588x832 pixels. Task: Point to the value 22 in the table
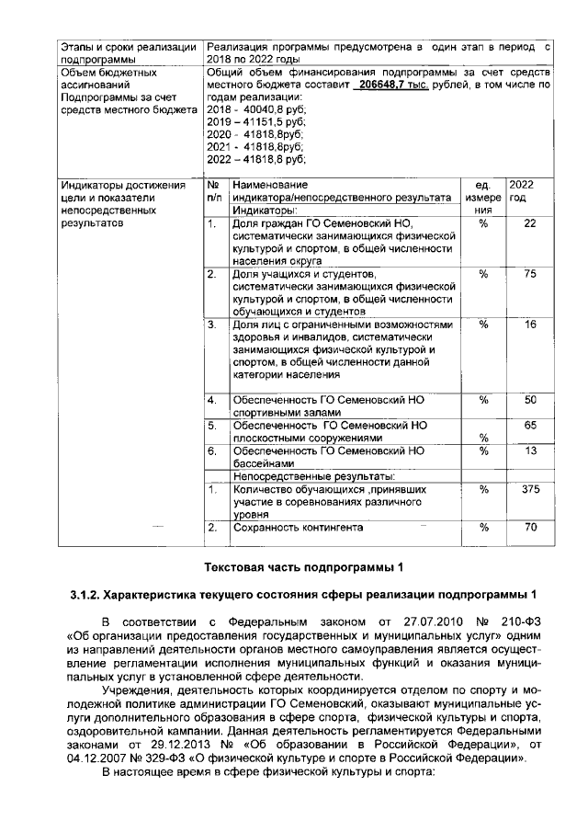tap(529, 223)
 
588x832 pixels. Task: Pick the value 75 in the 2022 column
tap(529, 274)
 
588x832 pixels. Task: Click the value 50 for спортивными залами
tap(529, 400)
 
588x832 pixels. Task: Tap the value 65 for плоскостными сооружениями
tap(529, 426)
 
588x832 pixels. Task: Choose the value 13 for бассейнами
tap(529, 450)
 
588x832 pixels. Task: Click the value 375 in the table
tap(529, 490)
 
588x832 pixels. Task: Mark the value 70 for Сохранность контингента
tap(529, 528)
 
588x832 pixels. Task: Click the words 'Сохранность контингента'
tap(299, 528)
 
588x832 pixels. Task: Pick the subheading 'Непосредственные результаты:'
tap(313, 476)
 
